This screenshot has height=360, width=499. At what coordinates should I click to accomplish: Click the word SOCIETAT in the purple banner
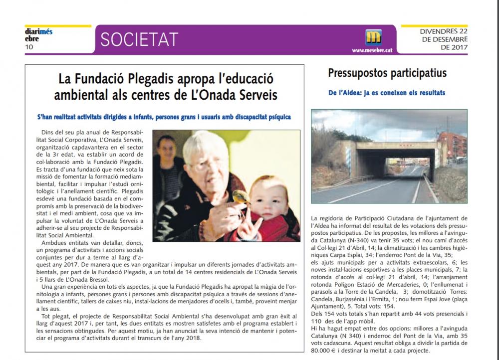139,39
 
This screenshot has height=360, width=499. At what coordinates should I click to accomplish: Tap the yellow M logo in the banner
373,37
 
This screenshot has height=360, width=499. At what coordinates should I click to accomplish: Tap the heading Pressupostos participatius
387,73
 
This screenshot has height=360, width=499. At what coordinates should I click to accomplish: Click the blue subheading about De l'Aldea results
387,93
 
